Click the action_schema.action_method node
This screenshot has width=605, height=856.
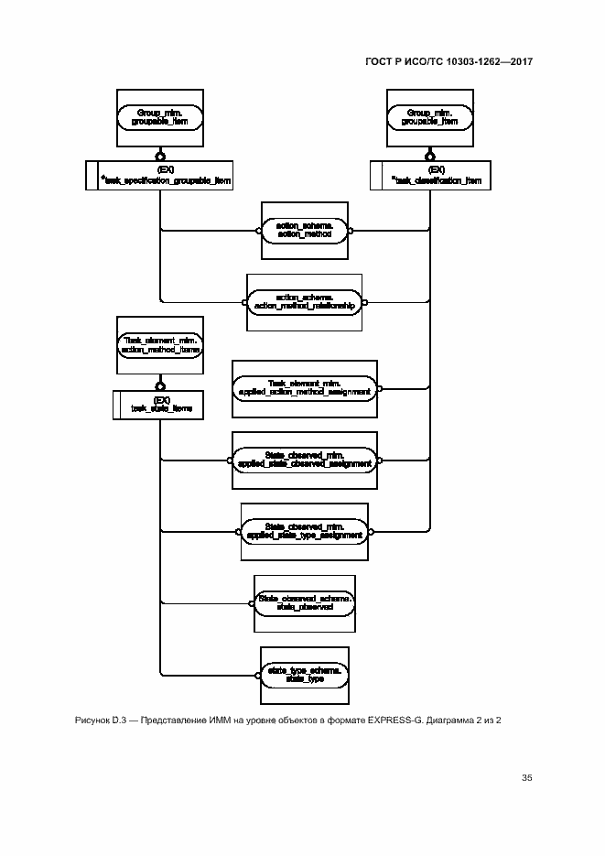coord(303,231)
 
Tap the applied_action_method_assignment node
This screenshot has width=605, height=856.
coord(305,387)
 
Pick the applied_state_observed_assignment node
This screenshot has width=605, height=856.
coord(305,458)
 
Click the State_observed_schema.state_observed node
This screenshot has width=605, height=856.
coord(305,601)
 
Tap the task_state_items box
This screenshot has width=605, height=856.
coord(161,404)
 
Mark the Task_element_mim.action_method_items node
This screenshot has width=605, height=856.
coord(161,344)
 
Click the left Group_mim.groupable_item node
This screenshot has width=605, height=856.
coord(161,116)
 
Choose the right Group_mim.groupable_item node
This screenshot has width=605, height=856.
coord(429,116)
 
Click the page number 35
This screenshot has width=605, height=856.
coord(526,778)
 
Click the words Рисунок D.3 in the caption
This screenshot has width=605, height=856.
coord(101,721)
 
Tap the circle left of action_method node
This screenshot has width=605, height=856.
coord(258,231)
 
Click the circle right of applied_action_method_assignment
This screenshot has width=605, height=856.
coord(380,387)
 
